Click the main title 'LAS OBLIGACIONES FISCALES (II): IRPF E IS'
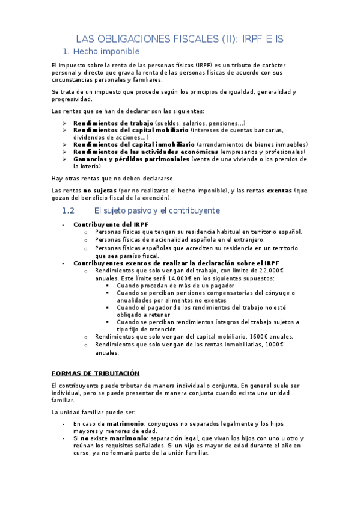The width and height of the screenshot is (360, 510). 180,38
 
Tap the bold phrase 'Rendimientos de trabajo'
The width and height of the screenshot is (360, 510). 113,123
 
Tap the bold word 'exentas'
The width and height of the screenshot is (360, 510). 280,191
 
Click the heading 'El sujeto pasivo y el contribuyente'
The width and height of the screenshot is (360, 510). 157,211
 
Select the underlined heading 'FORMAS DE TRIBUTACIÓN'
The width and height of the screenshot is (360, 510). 96,373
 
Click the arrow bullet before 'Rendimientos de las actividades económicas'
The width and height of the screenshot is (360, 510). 65,152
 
